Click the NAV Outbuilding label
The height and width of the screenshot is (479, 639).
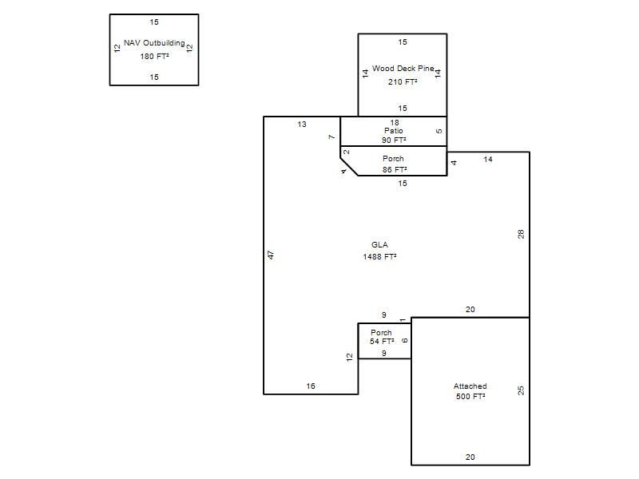coord(154,43)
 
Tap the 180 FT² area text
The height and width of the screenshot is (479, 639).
coord(154,57)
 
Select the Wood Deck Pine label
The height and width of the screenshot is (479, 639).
coord(403,69)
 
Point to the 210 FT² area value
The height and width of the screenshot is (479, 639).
coord(403,82)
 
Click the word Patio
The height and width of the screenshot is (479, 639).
coord(394,131)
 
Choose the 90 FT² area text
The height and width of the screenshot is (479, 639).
coord(394,141)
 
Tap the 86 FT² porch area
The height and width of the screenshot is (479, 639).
coord(395,169)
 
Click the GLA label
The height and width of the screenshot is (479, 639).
coord(379,245)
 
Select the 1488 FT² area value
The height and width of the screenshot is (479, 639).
coord(380,256)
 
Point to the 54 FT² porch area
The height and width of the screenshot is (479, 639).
coord(382,342)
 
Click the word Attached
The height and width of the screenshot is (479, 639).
coord(470,386)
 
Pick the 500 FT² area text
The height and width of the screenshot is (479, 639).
coord(470,396)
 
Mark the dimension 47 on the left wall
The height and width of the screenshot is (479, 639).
coord(271,255)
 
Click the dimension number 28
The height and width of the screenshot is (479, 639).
coord(521,234)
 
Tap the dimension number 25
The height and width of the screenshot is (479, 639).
coord(521,390)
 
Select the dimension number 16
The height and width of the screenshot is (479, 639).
coord(311,386)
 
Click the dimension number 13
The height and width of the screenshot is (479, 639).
coord(302,125)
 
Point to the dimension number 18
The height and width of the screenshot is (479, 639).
coord(395,123)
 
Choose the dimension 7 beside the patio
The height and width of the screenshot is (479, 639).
coord(331,137)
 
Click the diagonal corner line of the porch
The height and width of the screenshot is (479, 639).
coord(349,167)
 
